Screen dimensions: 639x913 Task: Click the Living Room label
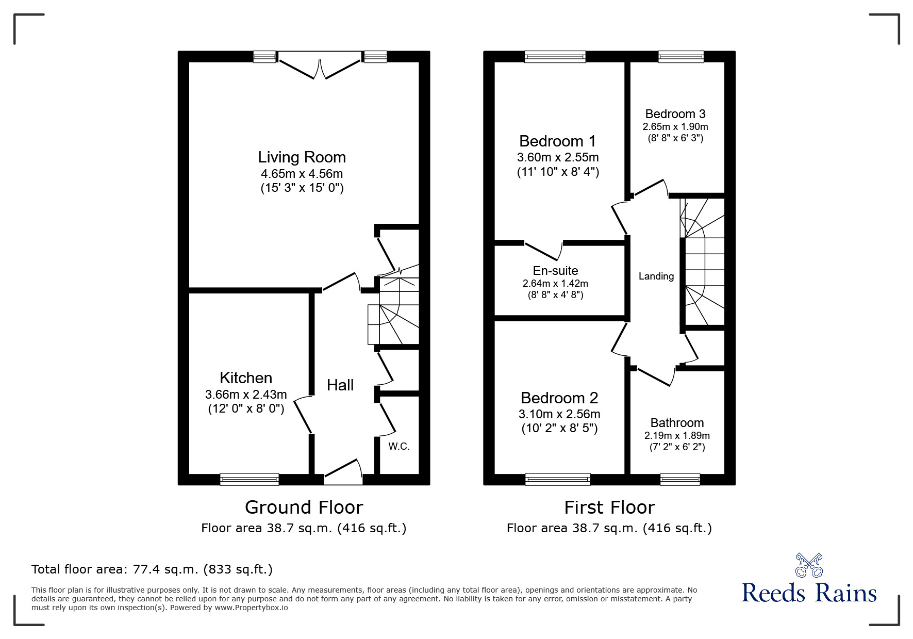pos(302,157)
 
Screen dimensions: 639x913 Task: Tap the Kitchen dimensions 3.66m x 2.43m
pos(246,395)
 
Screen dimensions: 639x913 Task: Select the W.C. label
pos(399,447)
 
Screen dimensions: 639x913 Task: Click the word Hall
pos(340,385)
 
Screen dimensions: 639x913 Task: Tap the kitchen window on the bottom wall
pos(250,479)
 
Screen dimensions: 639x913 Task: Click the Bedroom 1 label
pos(557,141)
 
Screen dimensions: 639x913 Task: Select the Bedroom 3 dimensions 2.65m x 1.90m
pos(675,127)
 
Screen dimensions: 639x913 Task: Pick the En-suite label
pos(555,271)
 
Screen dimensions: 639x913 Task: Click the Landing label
pos(656,276)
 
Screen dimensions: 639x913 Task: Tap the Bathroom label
pos(677,423)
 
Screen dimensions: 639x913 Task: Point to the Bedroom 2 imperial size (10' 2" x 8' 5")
pos(559,428)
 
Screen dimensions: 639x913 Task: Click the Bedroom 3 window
pos(680,57)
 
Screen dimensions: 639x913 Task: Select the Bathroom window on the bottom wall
pos(680,479)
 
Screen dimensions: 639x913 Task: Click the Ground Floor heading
pos(304,507)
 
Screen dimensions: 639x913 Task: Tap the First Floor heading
pos(609,507)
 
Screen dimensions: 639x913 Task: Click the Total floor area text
pos(152,569)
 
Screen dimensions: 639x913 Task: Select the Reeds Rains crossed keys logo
pos(809,565)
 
